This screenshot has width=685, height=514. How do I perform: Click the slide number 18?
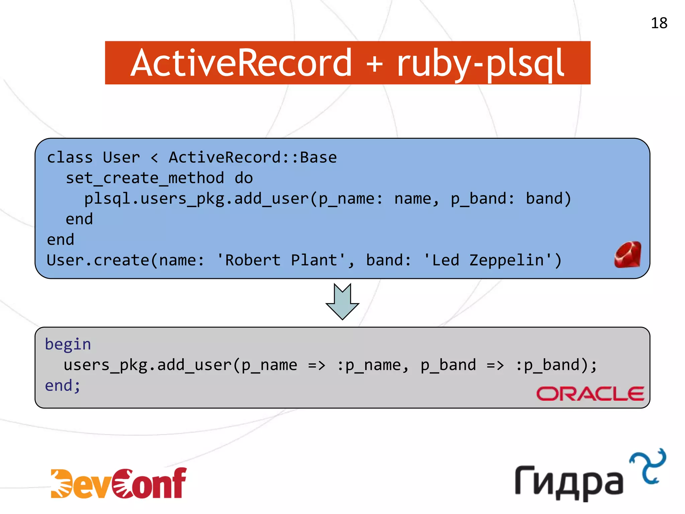(659, 23)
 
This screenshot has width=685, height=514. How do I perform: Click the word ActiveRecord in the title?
(241, 63)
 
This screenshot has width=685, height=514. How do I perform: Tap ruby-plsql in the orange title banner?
(480, 64)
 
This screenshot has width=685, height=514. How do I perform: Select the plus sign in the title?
(374, 64)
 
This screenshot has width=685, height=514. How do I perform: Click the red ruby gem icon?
(628, 255)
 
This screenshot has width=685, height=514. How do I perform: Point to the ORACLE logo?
(590, 394)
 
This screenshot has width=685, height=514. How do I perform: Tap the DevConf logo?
(119, 483)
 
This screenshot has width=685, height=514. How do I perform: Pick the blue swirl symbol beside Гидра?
(648, 466)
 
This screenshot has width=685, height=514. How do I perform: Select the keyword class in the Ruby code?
(70, 157)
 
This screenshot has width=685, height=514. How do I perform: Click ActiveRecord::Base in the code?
(253, 157)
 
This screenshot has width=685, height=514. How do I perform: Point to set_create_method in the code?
(145, 178)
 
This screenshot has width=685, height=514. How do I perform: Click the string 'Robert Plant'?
(281, 260)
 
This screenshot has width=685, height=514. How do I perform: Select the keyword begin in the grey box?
(68, 344)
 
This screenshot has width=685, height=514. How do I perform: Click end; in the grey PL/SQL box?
(63, 385)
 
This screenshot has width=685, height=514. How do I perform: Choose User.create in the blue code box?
(98, 260)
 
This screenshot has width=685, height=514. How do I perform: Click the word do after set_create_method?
(244, 178)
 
